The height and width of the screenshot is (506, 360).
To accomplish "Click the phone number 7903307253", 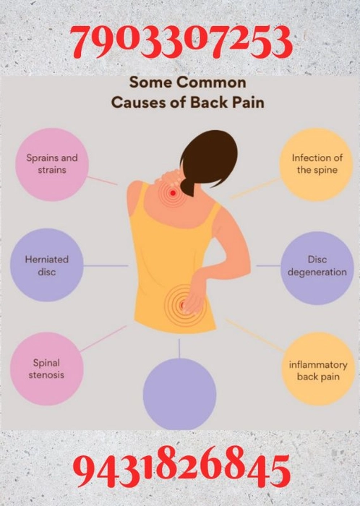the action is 182,43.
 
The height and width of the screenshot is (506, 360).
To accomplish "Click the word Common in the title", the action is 211,82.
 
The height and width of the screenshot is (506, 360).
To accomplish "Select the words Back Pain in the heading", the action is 227,103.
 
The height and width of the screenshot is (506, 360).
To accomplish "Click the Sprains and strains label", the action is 52,164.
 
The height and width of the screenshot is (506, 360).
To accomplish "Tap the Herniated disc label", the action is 47,265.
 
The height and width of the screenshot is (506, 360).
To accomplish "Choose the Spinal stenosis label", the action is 46,369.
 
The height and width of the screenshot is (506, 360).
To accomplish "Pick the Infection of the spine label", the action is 317,164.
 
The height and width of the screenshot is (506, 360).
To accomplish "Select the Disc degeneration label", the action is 317,265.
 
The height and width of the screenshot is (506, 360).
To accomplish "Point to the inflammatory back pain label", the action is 318,370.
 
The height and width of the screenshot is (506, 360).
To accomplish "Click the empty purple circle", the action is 179,394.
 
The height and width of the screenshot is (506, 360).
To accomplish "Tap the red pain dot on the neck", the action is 173,193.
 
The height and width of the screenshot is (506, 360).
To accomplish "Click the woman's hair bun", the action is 191,186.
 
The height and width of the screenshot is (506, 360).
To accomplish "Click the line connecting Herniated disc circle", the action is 106,266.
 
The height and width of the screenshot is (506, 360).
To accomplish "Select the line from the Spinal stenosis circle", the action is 103,338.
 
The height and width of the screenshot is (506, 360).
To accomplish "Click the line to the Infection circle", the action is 256,187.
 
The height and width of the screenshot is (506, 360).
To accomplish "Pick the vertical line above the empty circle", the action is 179,348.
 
